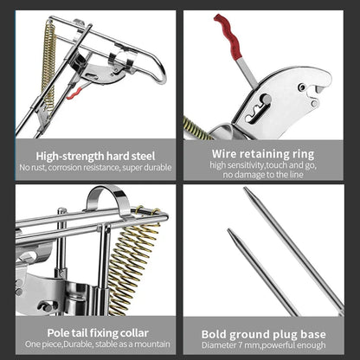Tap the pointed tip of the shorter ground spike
(228, 232)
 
